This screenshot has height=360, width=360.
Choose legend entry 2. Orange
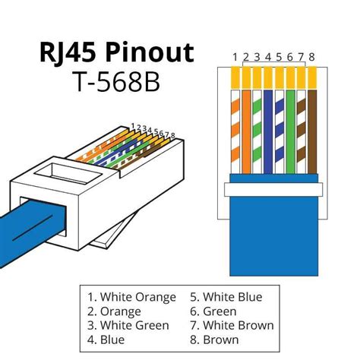coord(115,311)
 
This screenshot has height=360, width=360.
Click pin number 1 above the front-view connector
coord(236,55)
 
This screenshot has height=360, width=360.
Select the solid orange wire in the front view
coord(247,129)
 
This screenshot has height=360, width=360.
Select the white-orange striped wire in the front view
coord(236,129)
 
